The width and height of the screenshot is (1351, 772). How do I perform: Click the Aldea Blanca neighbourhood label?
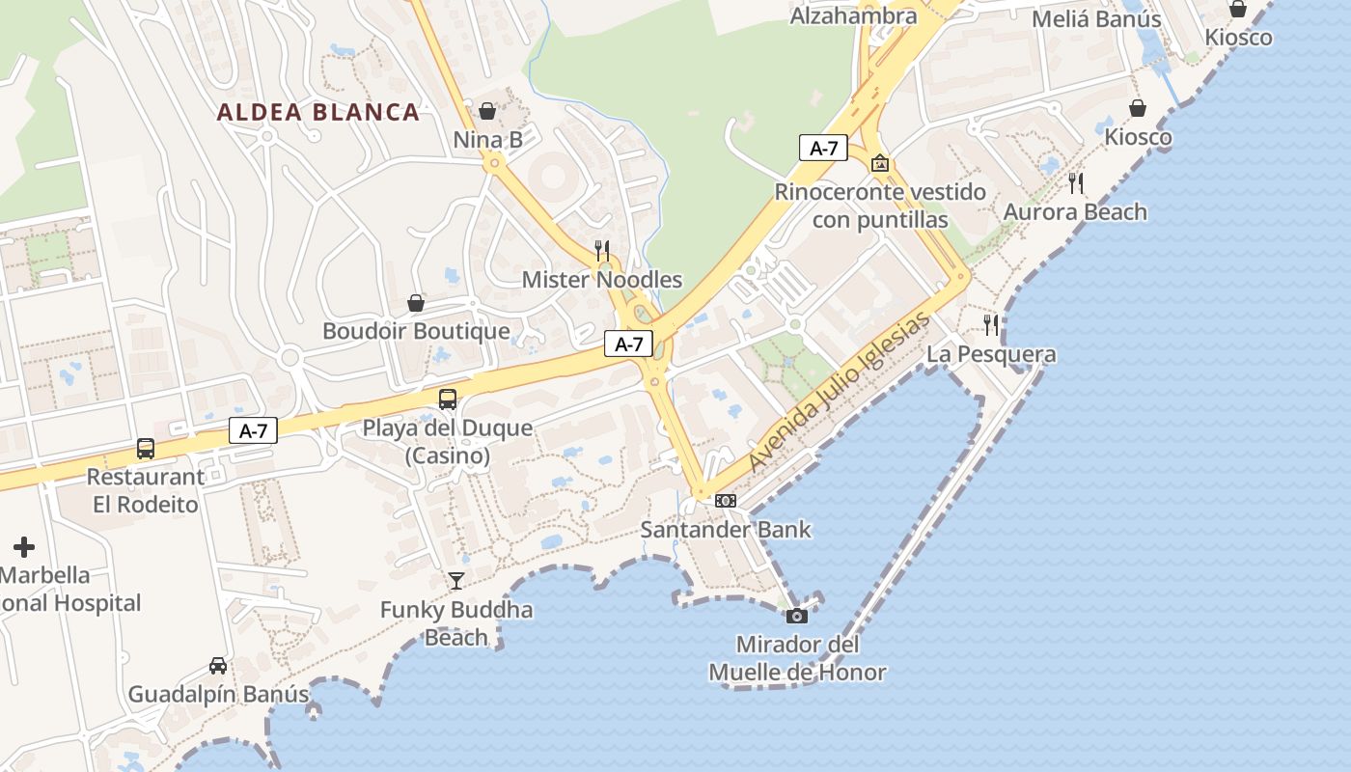[318, 112]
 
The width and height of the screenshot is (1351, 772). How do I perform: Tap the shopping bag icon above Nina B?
[487, 111]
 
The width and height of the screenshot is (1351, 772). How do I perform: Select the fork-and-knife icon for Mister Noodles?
[602, 251]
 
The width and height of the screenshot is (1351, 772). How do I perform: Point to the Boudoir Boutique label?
[416, 331]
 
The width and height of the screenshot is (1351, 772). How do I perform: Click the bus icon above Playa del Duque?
[448, 399]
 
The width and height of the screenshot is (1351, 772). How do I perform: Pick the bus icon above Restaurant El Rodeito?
[146, 448]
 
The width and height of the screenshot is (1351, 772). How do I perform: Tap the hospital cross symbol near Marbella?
[24, 547]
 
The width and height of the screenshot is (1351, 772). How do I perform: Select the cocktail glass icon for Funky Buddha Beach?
[456, 580]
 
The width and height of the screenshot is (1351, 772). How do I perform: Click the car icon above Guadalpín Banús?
[218, 665]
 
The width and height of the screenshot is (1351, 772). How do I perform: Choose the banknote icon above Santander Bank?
[726, 500]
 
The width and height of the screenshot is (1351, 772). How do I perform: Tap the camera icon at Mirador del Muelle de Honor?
[797, 616]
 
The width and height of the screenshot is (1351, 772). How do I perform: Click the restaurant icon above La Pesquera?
[991, 325]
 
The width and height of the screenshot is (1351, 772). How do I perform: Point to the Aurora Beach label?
[1075, 212]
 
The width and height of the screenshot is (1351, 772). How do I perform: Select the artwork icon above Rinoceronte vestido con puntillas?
[879, 163]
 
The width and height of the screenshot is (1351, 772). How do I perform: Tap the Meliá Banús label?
[1096, 19]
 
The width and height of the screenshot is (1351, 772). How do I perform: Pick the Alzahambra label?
[853, 15]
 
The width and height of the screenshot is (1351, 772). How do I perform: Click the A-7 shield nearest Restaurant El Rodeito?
[253, 431]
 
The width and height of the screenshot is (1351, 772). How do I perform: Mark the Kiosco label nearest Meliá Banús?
[1238, 38]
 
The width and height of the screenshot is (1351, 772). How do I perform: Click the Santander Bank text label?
[727, 530]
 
